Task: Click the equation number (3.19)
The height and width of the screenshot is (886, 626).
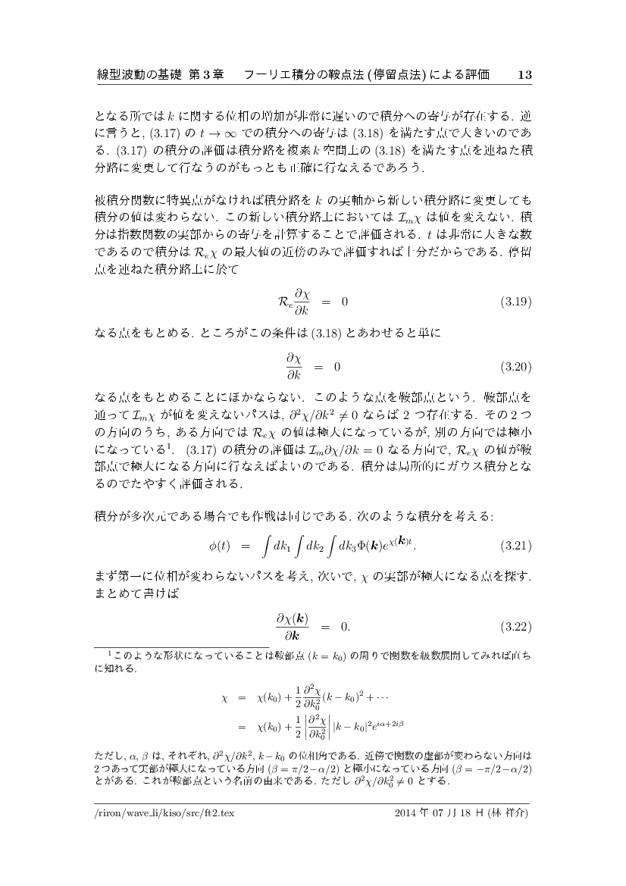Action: (x=516, y=302)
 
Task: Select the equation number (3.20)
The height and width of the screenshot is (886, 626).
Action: (x=516, y=367)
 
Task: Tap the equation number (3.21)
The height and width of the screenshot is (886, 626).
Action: (x=516, y=546)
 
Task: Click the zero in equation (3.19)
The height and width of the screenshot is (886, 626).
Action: (x=344, y=302)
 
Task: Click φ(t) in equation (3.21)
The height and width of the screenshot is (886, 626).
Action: (x=218, y=546)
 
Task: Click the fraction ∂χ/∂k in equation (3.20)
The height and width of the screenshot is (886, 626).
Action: (x=294, y=367)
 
